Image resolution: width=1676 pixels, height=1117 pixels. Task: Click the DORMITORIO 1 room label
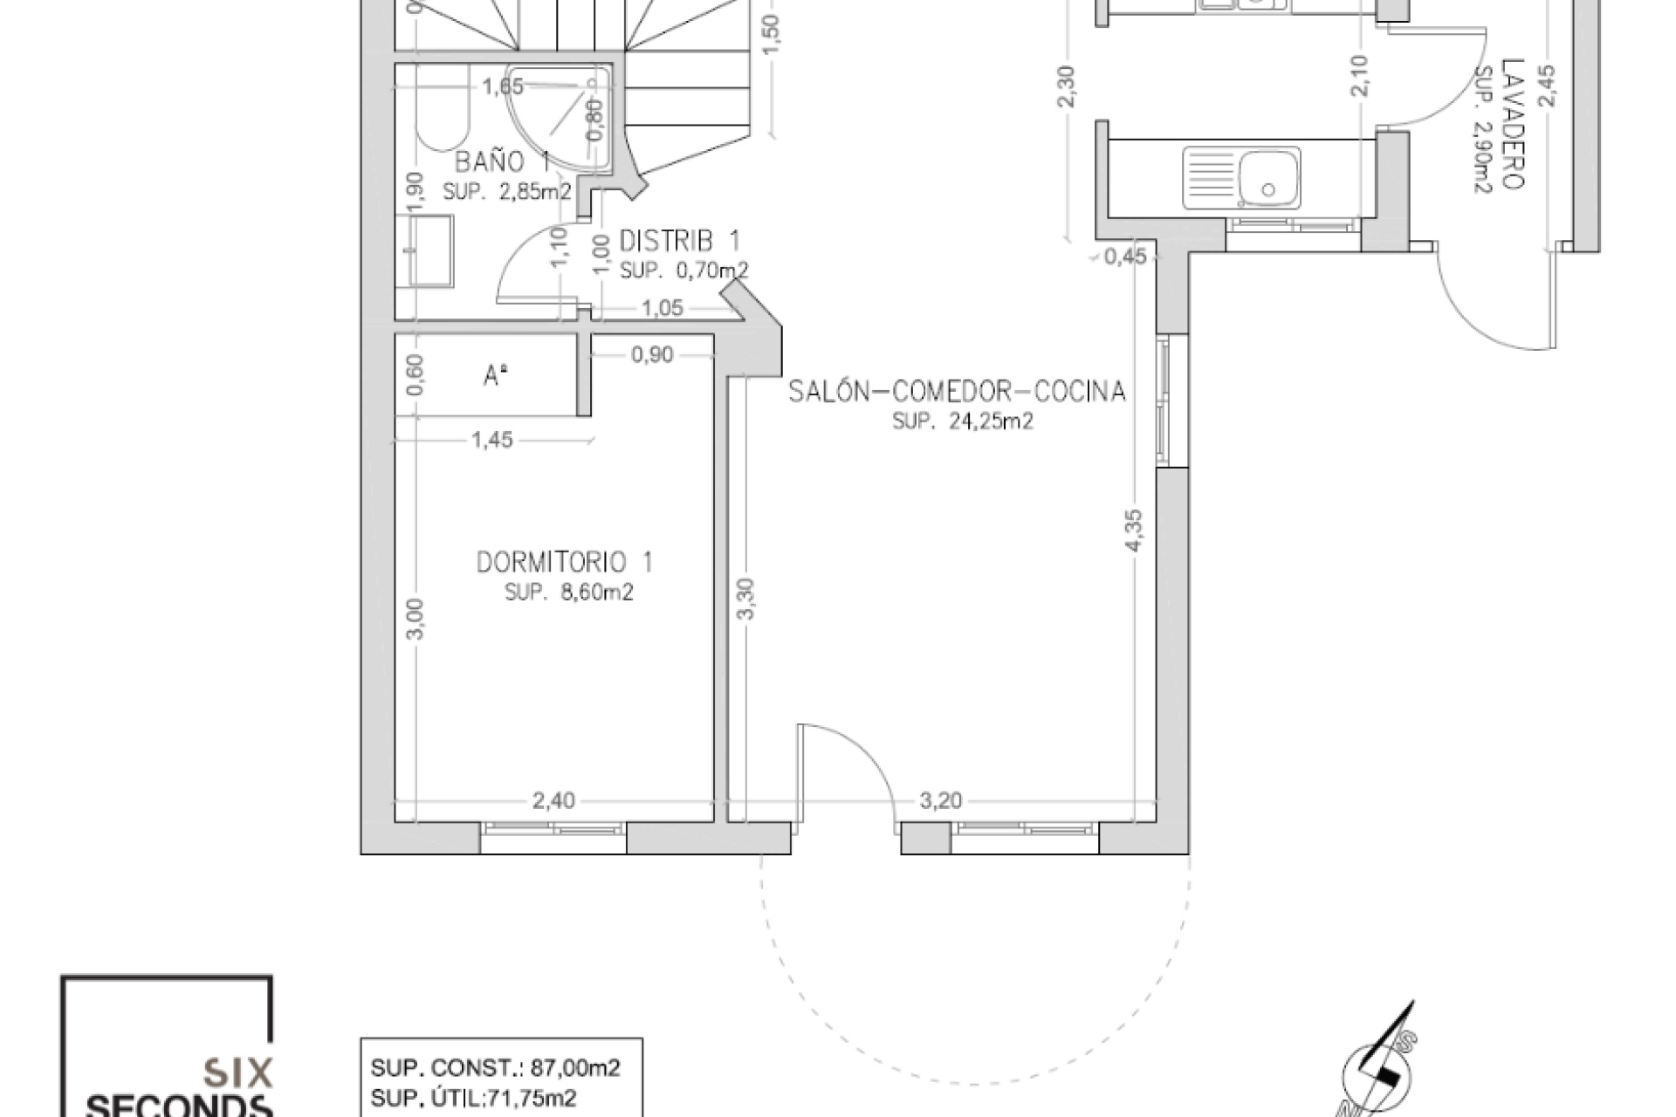coord(564,562)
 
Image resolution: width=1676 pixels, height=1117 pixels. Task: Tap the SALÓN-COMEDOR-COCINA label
coord(957,392)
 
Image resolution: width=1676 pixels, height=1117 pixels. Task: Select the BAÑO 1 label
coord(502,162)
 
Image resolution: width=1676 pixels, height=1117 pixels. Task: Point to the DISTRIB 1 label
coord(680,240)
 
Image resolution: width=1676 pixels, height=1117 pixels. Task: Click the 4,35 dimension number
coord(1134,530)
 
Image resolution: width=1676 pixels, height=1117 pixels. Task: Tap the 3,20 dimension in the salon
coord(940,801)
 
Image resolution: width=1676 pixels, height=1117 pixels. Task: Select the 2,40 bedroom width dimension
coord(553,801)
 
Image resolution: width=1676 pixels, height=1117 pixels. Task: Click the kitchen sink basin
coord(1267,178)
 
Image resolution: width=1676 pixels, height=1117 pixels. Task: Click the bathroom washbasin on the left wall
coord(429,250)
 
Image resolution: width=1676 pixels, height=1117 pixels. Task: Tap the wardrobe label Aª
coord(496,376)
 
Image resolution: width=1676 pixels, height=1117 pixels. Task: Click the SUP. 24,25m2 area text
coord(962,421)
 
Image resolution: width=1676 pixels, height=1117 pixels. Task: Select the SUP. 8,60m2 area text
coord(568,593)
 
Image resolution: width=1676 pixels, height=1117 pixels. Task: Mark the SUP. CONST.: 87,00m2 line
coord(495,1068)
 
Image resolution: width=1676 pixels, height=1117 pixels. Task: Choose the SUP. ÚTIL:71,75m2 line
coord(473,1098)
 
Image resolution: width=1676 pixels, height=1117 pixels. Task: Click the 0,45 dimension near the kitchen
coord(1125,257)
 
